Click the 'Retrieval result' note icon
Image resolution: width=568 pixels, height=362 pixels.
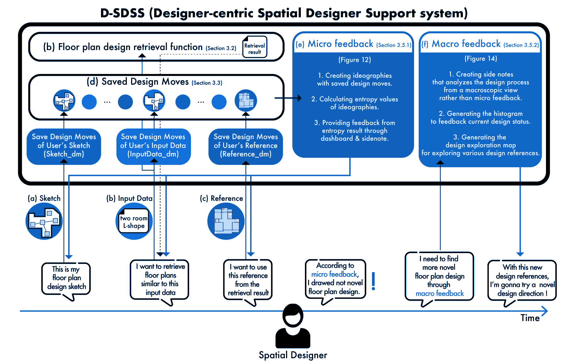coord(255,47)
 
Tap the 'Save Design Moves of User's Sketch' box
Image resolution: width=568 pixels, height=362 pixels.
coord(64,146)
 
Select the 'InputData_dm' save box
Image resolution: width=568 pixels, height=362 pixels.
coord(153,146)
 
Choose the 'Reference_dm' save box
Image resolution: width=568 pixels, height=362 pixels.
coord(245,146)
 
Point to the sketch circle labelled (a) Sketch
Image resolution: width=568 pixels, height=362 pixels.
coord(44,221)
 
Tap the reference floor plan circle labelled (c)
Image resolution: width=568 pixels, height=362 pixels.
coord(226,221)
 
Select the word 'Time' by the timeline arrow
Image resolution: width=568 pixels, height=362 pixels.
coord(530,318)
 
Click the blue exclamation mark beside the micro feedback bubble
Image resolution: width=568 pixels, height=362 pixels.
coord(374,281)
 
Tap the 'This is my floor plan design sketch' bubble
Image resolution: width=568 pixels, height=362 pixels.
coord(66,278)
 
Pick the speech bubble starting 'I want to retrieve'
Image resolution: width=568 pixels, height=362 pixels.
coord(160,280)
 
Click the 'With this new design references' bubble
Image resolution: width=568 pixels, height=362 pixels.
coord(522,280)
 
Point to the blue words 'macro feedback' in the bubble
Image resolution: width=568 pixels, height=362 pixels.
coord(440,294)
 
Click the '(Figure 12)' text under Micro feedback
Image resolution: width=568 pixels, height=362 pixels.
coord(355,60)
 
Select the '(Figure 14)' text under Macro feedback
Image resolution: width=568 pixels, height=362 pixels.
coord(481,59)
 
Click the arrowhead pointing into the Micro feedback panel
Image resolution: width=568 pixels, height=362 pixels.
coord(299,98)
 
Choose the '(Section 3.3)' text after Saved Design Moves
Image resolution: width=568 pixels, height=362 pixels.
coord(207,83)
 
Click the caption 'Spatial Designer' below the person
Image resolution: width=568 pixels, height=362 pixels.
coord(293,355)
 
